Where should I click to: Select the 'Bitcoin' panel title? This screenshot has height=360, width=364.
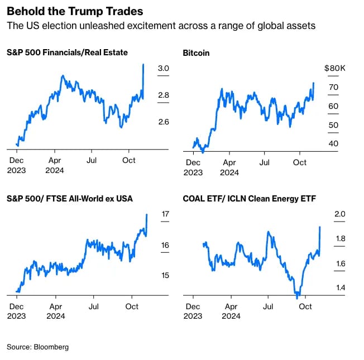(x=197, y=53)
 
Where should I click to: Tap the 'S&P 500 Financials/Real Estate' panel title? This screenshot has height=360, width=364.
(x=67, y=53)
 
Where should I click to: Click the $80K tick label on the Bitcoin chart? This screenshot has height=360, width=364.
(x=335, y=69)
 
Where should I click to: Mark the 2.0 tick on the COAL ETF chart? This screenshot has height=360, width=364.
(x=340, y=214)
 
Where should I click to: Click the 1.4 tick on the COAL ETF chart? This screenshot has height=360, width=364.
(x=340, y=287)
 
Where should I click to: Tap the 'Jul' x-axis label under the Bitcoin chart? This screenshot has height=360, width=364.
(x=265, y=163)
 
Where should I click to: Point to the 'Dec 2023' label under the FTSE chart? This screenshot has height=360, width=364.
(x=17, y=311)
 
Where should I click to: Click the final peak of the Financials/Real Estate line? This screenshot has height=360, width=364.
(x=143, y=65)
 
